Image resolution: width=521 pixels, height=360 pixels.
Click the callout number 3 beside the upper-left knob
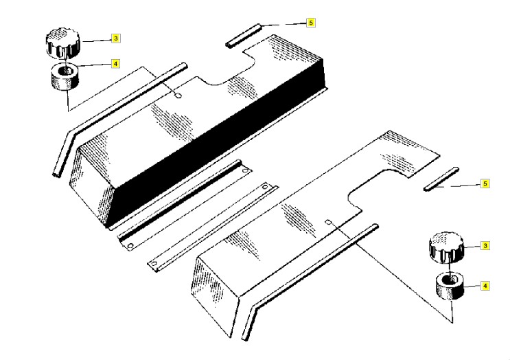[x=116, y=38]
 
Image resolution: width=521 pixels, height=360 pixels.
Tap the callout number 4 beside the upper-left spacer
[x=116, y=64]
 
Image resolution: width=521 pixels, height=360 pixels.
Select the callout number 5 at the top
[x=311, y=23]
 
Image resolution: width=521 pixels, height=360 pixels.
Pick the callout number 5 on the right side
[x=485, y=184]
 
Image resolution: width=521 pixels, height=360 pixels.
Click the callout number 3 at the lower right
[x=486, y=245]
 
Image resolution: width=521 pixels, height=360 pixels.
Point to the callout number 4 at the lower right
[x=486, y=284]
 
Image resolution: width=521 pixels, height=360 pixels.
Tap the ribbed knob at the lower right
[x=446, y=249]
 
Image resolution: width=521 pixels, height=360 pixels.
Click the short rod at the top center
[x=244, y=36]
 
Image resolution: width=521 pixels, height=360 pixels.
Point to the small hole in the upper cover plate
[x=178, y=96]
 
